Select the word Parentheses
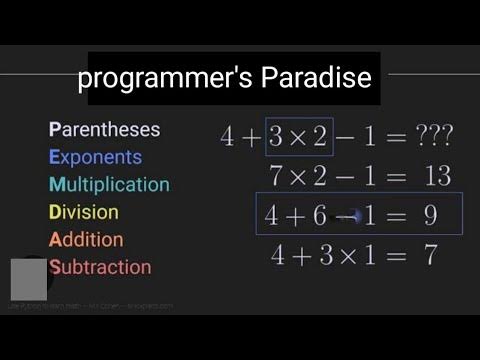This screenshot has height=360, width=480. pyautogui.click(x=104, y=130)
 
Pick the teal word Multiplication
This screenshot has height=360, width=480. pyautogui.click(x=109, y=185)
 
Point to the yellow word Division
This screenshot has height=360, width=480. pyautogui.click(x=84, y=212)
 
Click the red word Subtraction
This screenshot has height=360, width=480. pyautogui.click(x=100, y=267)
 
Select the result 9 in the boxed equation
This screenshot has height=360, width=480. pyautogui.click(x=428, y=215)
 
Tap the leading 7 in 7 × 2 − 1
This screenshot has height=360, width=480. pyautogui.click(x=277, y=176)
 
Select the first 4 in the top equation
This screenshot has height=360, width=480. pyautogui.click(x=228, y=137)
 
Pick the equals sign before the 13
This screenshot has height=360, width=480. pyautogui.click(x=398, y=176)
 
